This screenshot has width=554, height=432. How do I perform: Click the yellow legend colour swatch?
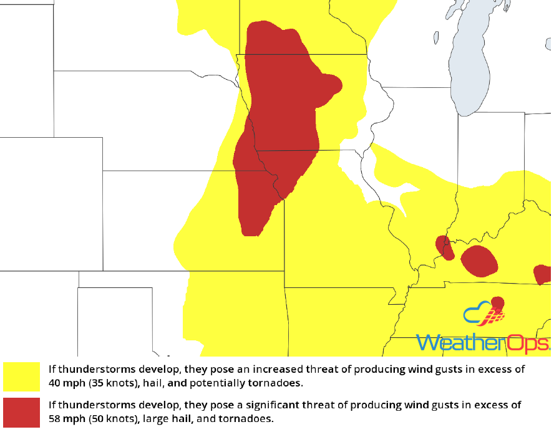pos(24,376)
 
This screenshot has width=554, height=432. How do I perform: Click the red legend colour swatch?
pos(24,411)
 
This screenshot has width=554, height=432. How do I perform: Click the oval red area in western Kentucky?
pos(479,261)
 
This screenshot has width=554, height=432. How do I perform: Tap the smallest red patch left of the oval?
pos(444,247)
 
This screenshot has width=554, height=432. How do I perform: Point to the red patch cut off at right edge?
pos(543,274)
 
